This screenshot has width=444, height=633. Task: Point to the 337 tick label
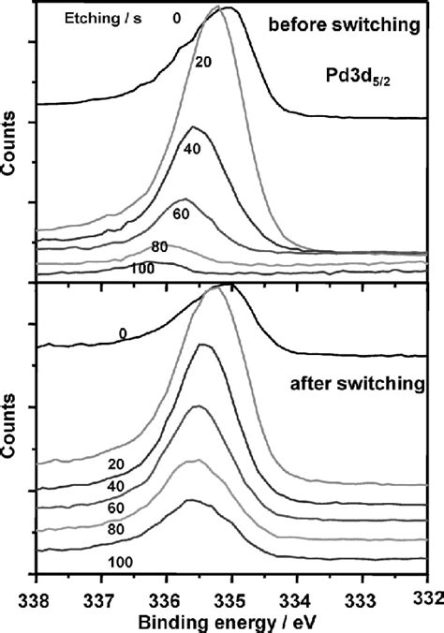click(x=100, y=596)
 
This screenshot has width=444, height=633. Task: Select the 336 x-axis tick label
click(x=166, y=596)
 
